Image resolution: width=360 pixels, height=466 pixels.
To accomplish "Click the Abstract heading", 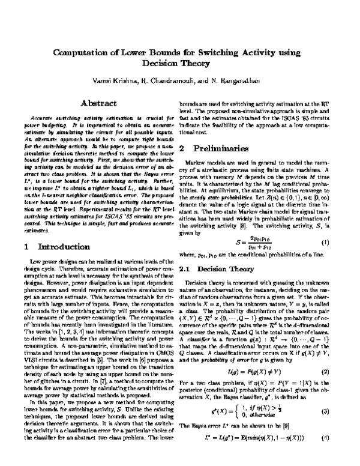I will pos(98,103).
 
